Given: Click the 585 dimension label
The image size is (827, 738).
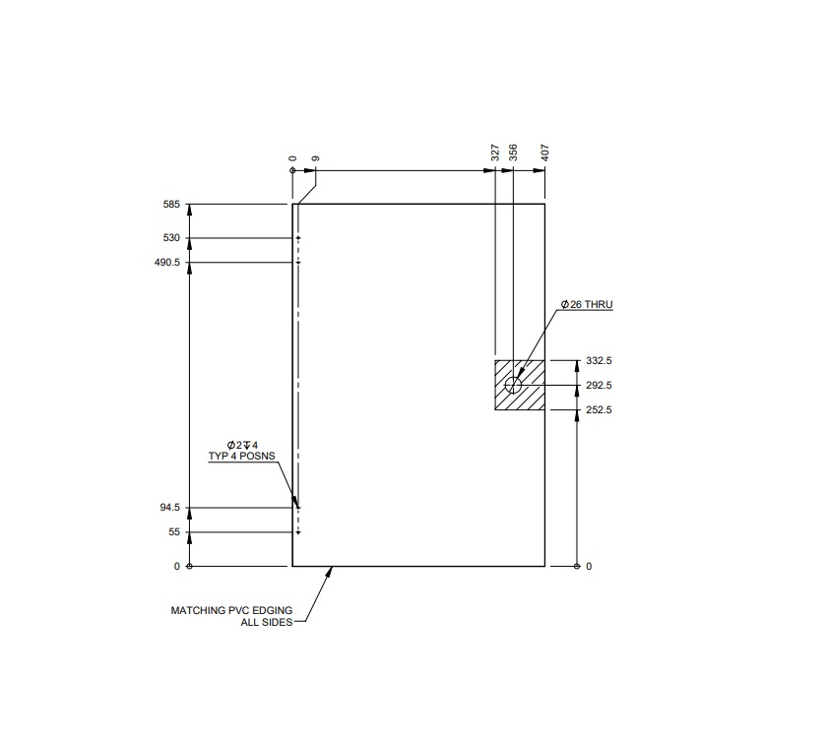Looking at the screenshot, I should tap(171, 205).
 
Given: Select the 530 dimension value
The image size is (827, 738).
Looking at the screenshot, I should tap(171, 238).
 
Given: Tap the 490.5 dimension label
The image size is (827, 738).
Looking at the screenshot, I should tap(166, 263).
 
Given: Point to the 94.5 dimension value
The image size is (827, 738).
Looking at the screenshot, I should tap(168, 508).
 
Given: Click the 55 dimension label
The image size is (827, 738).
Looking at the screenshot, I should tap(174, 532).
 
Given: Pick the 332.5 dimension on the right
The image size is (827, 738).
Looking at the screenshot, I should tap(599, 361).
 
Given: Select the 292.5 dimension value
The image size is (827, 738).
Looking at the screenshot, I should tap(599, 386).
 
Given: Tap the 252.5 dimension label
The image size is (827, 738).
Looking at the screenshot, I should tap(599, 410).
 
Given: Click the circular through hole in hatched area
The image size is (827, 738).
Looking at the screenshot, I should tap(513, 385).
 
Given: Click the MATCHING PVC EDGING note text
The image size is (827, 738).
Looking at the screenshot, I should tap(231, 610).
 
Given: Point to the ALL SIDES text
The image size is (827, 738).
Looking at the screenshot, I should tap(266, 623).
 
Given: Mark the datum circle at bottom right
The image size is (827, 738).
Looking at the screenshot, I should tap(577, 566).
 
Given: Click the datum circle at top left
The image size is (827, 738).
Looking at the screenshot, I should tap(292, 170).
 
